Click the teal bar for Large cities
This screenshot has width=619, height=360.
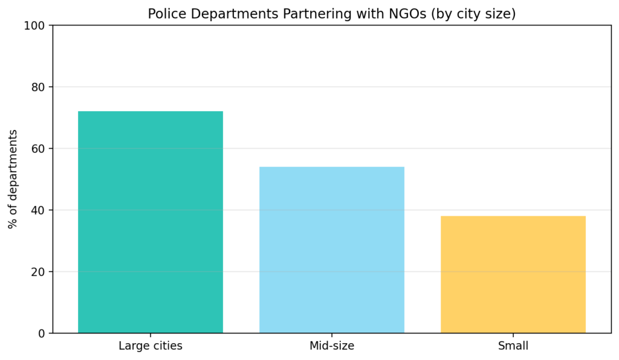151,222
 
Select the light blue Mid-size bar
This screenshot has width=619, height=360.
332,249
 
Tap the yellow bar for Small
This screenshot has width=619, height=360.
513,274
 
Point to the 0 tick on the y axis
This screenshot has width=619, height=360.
41,333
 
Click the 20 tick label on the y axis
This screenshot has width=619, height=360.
37,272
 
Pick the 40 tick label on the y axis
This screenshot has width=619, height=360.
37,210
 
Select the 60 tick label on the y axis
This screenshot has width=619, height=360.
37,149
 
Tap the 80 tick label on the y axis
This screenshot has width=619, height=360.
37,87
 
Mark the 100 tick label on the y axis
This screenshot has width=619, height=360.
34,25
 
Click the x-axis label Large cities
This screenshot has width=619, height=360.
151,346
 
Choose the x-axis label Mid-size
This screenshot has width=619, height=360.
332,346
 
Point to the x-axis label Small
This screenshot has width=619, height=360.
513,346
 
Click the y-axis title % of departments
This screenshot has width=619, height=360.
13,179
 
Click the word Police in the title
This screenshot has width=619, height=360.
164,14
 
